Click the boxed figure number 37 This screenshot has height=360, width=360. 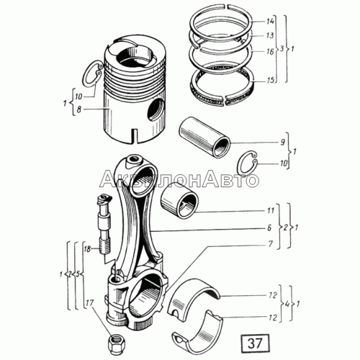click(254, 343)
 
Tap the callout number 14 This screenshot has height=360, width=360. click(270, 22)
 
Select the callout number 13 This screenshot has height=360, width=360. click(270, 35)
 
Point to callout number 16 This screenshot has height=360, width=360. click(270, 51)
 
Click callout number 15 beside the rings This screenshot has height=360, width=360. click(270, 80)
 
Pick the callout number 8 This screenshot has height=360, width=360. click(79, 109)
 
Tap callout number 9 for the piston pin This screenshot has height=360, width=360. click(282, 142)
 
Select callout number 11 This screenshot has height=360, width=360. click(271, 210)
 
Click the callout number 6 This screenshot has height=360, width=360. click(269, 228)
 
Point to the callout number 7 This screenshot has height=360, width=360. click(271, 244)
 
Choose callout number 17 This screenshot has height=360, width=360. click(89, 303)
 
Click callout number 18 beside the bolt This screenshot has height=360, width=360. click(87, 249)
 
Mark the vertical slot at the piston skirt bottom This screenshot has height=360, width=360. click(135, 135)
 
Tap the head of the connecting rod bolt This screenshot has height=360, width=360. click(104, 200)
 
